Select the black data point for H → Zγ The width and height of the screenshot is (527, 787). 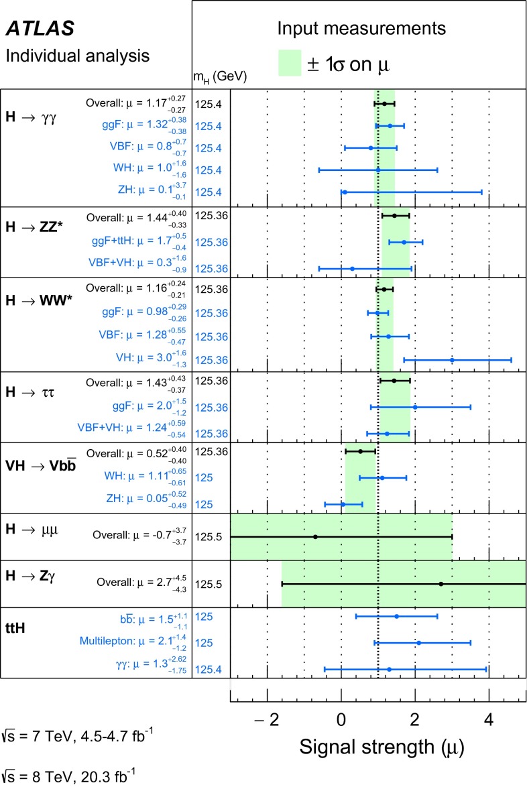point(441,584)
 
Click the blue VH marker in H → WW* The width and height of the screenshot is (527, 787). point(452,360)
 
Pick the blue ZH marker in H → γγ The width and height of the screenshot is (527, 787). point(345,192)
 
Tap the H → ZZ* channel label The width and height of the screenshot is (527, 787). point(32,224)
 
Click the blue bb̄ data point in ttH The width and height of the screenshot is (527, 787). point(396,616)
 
